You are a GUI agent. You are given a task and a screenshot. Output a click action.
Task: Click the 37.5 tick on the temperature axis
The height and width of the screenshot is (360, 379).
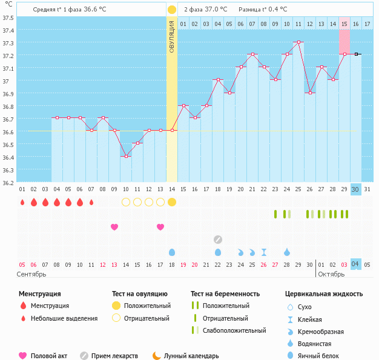pos(8,18)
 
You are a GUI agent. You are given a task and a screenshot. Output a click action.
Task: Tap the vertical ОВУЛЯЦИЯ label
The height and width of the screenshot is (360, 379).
pos(172,36)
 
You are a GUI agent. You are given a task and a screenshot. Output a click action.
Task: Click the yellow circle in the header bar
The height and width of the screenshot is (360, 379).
pos(172,10)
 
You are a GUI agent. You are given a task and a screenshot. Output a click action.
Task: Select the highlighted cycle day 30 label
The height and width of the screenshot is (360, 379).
pos(355,189)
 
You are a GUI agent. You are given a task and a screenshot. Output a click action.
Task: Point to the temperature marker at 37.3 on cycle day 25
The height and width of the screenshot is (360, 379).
pos(298,42)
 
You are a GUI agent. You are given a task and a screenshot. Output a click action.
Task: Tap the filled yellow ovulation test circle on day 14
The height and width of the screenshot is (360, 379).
pos(172,202)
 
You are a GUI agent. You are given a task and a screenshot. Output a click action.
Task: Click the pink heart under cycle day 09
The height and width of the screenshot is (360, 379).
pos(114,227)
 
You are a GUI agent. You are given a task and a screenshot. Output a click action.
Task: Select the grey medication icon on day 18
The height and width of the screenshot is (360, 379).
pos(218,239)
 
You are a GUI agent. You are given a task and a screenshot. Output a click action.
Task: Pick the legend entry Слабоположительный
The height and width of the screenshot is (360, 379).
pos(234,330)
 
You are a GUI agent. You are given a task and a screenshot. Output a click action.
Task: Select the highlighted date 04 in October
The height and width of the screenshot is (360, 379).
pos(355,264)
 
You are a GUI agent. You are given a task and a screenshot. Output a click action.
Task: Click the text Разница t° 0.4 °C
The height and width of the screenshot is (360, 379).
pos(263,10)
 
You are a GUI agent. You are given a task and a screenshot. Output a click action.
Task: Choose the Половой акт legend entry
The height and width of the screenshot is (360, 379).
pos(49,356)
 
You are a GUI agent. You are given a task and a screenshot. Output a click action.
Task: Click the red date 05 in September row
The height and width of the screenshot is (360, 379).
pos(22,264)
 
